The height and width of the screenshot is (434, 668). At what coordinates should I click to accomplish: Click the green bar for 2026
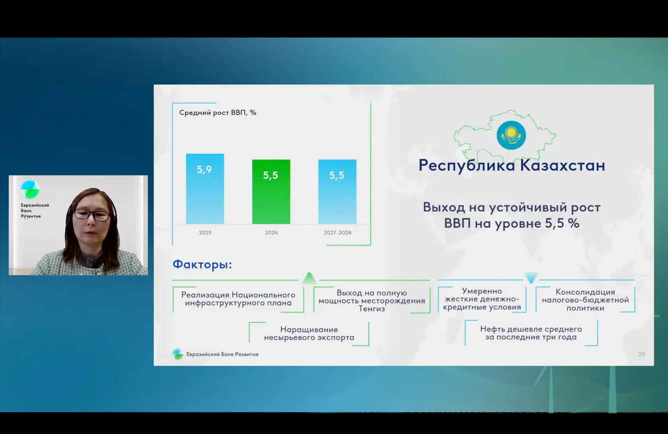(x=271, y=192)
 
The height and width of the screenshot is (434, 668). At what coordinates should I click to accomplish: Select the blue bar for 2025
(x=205, y=189)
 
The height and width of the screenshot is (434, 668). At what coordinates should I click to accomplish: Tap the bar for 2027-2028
(x=337, y=192)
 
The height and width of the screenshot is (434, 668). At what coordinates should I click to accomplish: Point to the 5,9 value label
(x=204, y=169)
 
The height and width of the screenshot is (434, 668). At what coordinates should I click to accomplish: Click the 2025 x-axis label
(x=205, y=233)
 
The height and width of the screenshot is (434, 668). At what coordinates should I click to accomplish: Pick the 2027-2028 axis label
(x=337, y=233)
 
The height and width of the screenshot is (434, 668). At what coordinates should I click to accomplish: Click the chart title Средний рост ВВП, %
(x=218, y=113)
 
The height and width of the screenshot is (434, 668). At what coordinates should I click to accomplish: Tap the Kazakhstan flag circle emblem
(x=511, y=136)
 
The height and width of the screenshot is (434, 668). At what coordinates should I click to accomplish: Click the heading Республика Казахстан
(x=512, y=165)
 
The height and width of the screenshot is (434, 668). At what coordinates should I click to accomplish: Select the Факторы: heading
(x=202, y=265)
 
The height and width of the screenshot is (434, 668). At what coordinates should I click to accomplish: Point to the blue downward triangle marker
(x=531, y=278)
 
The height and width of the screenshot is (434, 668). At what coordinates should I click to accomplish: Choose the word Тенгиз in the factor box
(x=371, y=308)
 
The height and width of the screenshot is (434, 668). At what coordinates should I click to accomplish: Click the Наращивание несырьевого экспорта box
(x=309, y=334)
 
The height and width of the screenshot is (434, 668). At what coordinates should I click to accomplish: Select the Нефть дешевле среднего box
(x=531, y=333)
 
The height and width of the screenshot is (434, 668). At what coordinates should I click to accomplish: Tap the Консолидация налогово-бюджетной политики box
(x=585, y=300)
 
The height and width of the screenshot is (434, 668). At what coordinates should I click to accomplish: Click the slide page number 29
(x=642, y=354)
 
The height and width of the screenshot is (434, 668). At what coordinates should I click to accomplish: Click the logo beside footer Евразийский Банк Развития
(x=178, y=354)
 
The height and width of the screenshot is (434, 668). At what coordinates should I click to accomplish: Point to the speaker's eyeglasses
(x=92, y=215)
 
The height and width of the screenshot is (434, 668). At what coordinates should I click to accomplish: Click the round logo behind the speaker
(x=30, y=189)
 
